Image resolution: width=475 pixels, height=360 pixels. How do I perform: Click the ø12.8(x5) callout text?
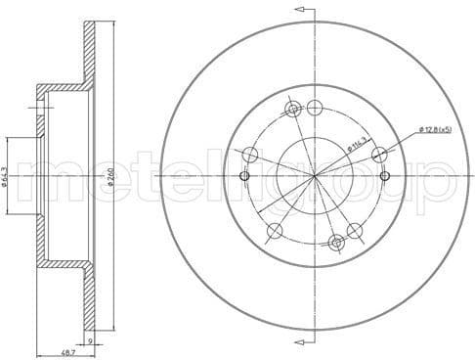[437, 129]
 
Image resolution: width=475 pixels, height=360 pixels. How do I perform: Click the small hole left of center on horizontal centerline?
[245, 176]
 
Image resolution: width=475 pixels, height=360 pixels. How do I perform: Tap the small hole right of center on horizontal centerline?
[385, 176]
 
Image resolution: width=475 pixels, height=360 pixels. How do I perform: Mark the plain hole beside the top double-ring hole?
[314, 108]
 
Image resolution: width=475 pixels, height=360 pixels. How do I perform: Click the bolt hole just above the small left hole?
[250, 153]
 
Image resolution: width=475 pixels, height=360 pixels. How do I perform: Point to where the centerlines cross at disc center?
[315, 176]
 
